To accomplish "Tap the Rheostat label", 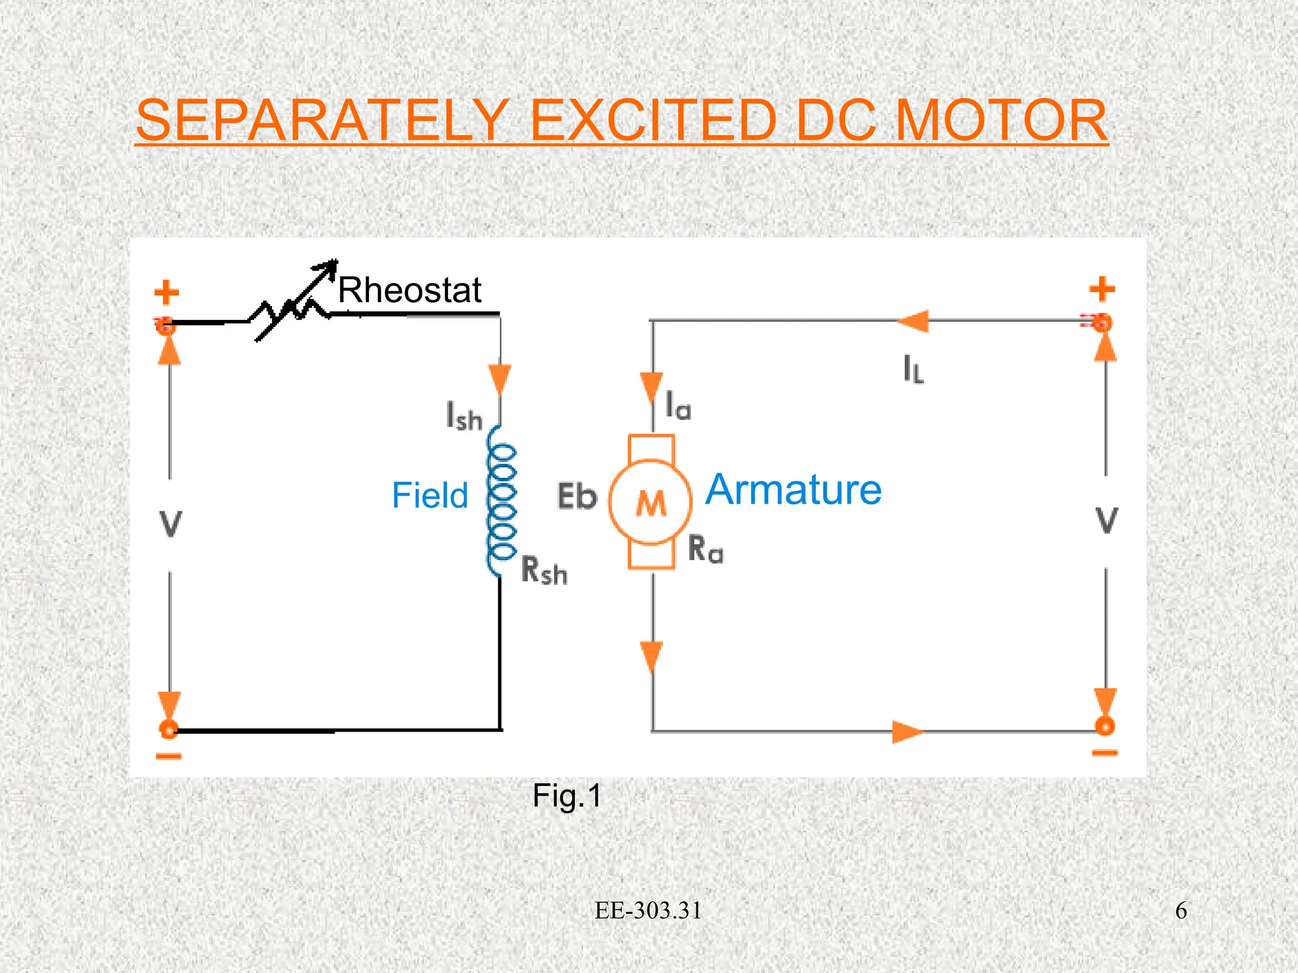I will click(x=409, y=290).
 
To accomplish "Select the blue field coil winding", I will click(x=501, y=500).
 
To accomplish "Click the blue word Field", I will click(x=430, y=495).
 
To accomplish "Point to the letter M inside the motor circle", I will click(x=651, y=504).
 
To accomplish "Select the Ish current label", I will click(x=465, y=417).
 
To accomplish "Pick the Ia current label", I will click(x=678, y=406).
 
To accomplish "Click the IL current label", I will click(x=914, y=369).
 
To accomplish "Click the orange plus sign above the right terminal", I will click(x=1102, y=289).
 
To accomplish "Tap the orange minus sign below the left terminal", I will click(x=169, y=756).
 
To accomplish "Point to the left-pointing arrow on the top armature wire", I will click(x=913, y=321).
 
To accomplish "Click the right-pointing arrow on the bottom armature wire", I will click(x=908, y=732).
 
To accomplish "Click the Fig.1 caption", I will click(x=567, y=796).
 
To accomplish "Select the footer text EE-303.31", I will click(x=648, y=910).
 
